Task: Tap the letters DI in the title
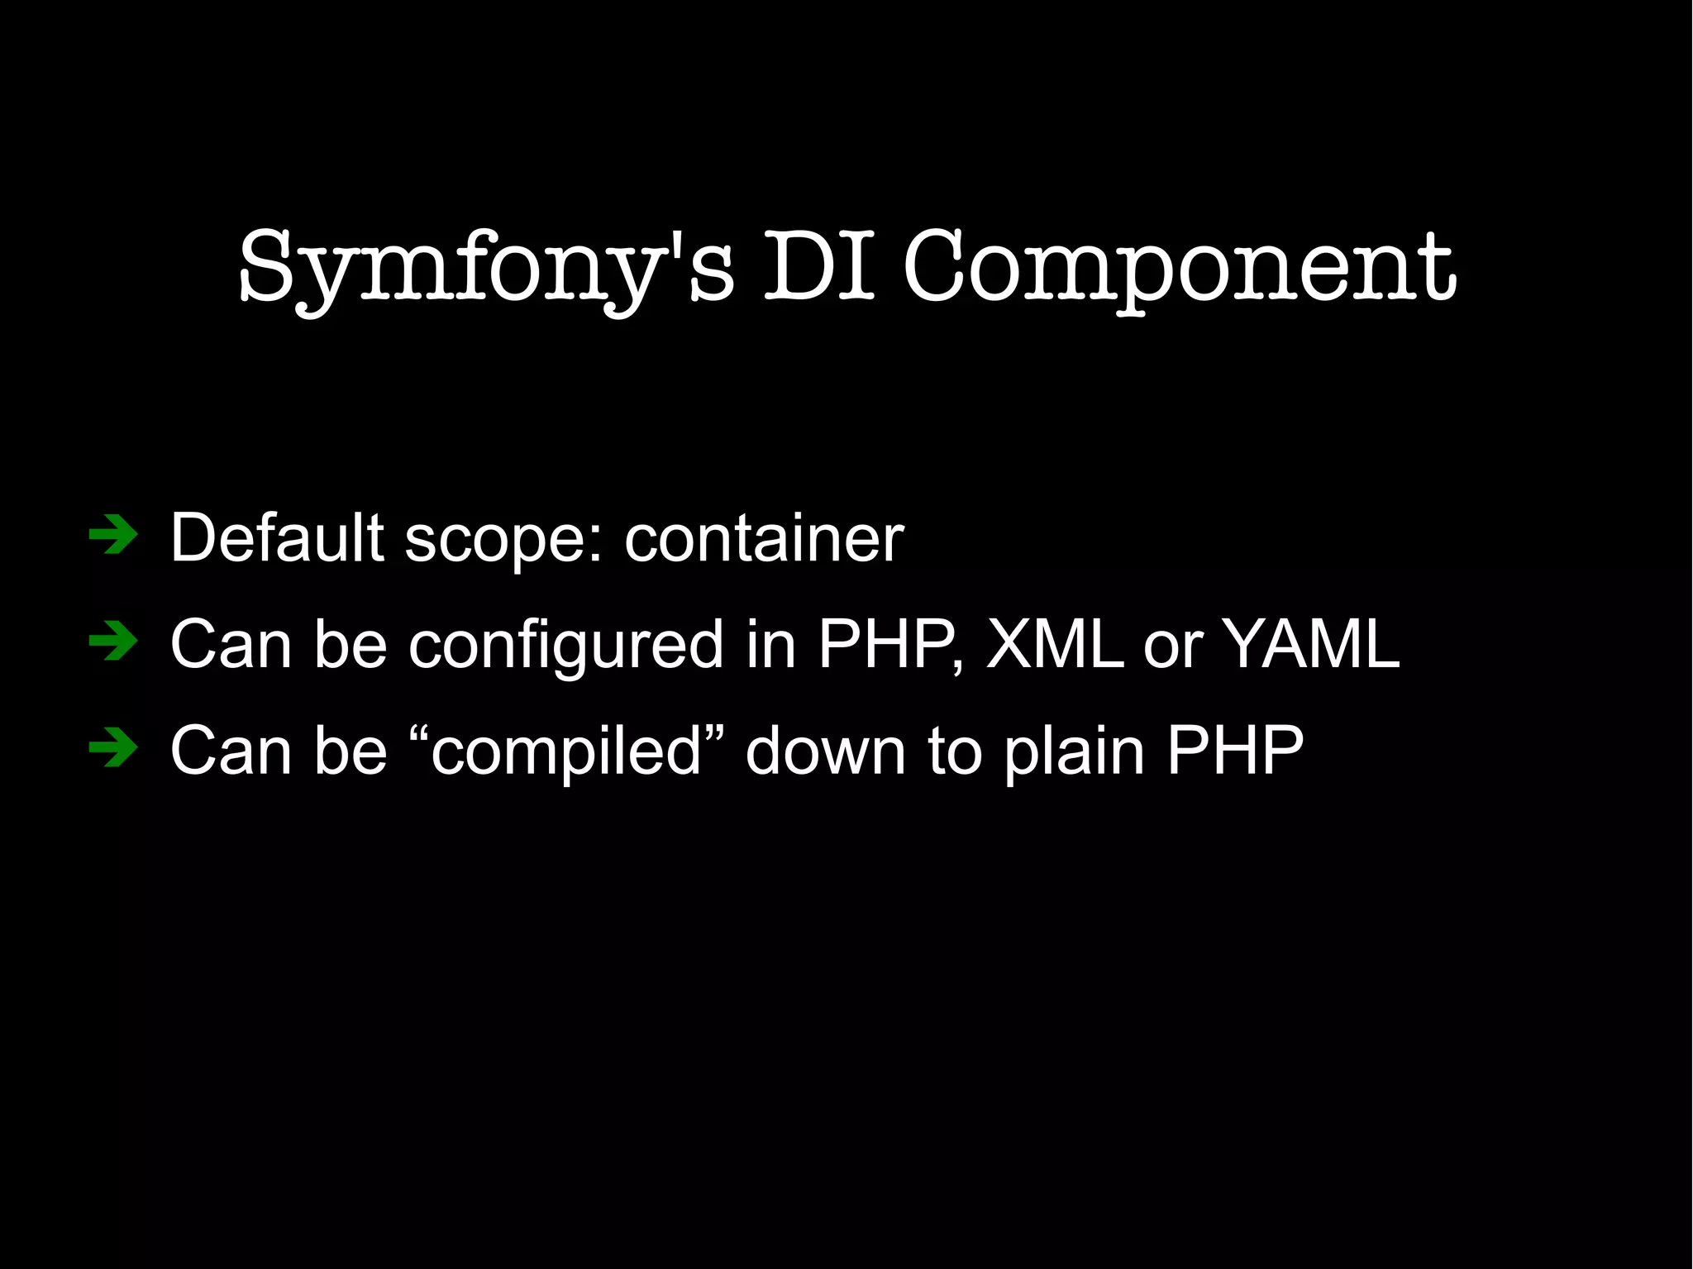click(818, 266)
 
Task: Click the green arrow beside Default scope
click(113, 536)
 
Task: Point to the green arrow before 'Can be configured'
click(113, 642)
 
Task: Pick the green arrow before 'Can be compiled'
click(113, 749)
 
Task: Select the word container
click(764, 539)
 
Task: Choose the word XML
click(1055, 644)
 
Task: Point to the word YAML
click(1311, 644)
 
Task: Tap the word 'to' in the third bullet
click(955, 751)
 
